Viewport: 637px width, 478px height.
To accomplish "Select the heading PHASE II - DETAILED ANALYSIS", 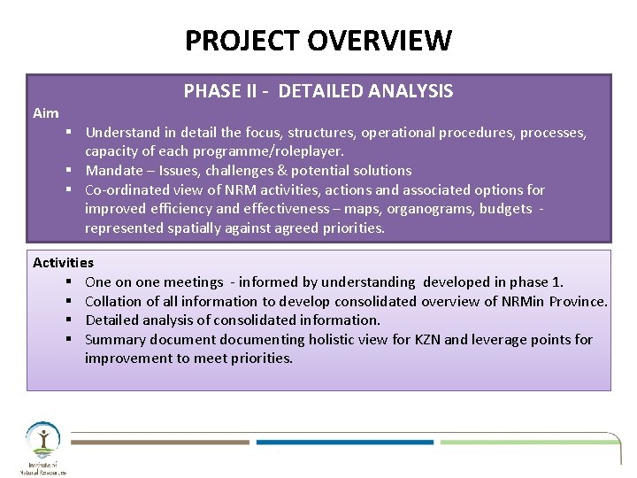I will (x=318, y=91).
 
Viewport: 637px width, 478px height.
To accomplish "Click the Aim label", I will (x=46, y=113).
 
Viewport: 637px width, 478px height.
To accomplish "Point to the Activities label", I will (x=63, y=263).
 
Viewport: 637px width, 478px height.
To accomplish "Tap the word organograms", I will (x=434, y=209).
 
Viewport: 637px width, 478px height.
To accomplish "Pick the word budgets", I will (x=505, y=209).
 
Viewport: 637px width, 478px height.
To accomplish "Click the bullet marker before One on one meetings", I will (x=67, y=282).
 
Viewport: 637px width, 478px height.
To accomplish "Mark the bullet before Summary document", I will (x=67, y=340).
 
